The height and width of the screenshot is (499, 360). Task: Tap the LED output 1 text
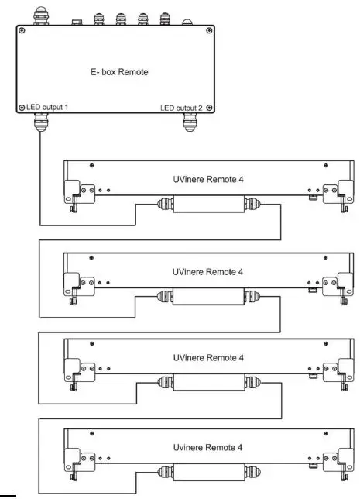[46, 106]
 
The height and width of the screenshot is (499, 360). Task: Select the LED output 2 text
[182, 107]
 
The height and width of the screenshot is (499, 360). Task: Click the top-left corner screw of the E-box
[21, 31]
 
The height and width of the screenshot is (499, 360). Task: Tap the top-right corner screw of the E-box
[207, 31]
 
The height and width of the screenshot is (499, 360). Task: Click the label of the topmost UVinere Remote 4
[207, 178]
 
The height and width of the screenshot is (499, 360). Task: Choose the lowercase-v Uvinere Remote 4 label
[207, 447]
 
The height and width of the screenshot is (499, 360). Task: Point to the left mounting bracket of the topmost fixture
[76, 191]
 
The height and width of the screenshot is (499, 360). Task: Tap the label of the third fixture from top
[207, 357]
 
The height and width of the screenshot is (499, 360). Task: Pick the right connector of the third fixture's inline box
[252, 380]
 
